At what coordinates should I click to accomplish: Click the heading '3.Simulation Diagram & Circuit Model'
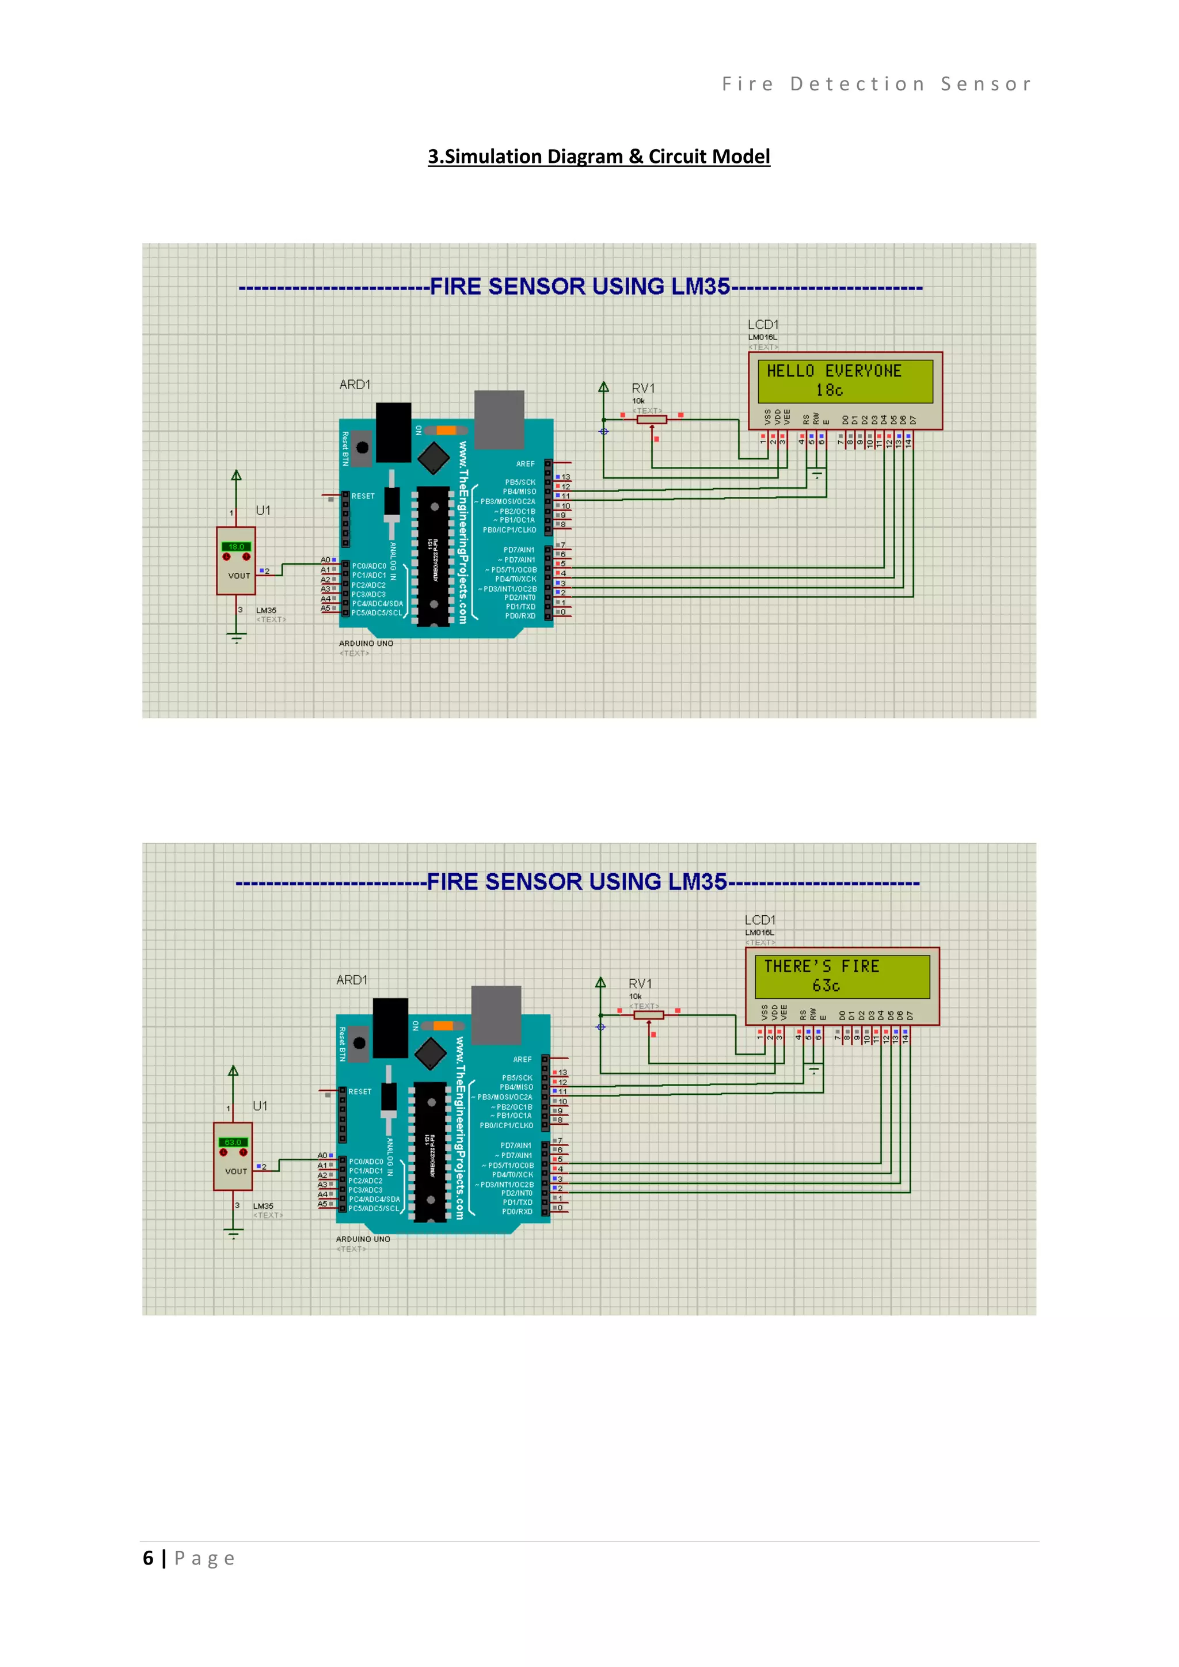(598, 157)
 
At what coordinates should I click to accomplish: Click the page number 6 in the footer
(148, 1558)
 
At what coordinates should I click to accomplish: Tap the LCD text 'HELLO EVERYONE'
(834, 371)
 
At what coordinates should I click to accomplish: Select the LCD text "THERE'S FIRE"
(821, 966)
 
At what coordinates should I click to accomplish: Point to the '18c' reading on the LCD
(829, 391)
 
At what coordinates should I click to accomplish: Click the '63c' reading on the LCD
(826, 986)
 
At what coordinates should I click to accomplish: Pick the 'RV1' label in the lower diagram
(640, 984)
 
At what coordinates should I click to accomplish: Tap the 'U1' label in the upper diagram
(263, 511)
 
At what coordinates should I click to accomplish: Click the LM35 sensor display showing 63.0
(233, 1142)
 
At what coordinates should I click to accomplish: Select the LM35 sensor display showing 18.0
(236, 547)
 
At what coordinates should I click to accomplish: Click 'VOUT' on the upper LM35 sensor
(239, 576)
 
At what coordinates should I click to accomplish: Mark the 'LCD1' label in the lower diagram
(759, 920)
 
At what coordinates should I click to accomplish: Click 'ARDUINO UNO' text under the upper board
(366, 644)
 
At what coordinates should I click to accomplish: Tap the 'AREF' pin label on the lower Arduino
(522, 1059)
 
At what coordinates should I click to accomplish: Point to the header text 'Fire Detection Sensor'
(876, 84)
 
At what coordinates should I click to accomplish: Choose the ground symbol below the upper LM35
(236, 638)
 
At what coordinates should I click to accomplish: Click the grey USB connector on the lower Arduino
(496, 1014)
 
